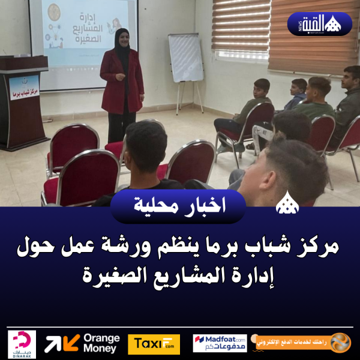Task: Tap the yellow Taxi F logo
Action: (x=154, y=344)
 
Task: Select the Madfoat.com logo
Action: (x=220, y=343)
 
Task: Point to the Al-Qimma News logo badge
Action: (x=319, y=24)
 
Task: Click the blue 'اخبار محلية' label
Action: (x=178, y=206)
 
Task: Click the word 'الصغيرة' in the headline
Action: (x=113, y=277)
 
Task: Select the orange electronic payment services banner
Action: (x=304, y=343)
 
